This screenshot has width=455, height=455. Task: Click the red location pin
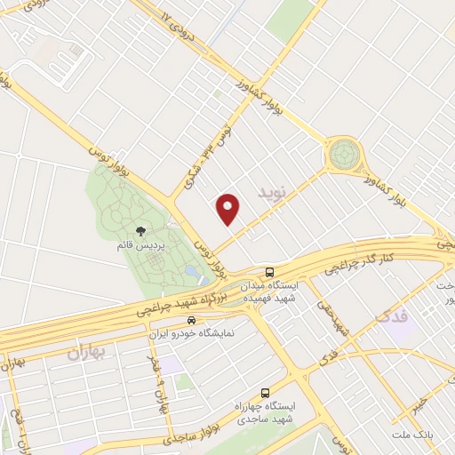(x=228, y=208)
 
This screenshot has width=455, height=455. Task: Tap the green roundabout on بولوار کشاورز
(x=342, y=155)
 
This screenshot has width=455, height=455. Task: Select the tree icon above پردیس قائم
(x=140, y=232)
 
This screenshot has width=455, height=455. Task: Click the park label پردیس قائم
(x=140, y=244)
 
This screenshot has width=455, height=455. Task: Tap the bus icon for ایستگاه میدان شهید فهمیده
(x=269, y=271)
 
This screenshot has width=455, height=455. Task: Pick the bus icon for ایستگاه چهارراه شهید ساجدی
(x=265, y=392)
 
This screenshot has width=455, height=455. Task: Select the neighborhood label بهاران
(x=86, y=352)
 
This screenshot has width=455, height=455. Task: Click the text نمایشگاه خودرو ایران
(x=191, y=332)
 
